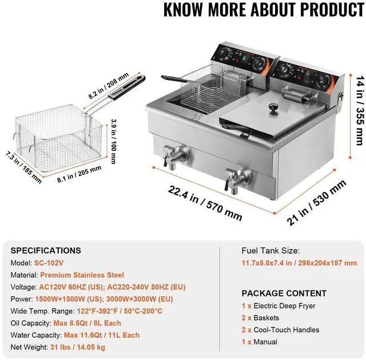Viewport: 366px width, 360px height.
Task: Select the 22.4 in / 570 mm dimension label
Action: coord(205,203)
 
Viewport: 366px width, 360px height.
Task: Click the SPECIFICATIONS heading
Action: coord(46,250)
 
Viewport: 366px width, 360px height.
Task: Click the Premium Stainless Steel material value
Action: coord(82,275)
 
